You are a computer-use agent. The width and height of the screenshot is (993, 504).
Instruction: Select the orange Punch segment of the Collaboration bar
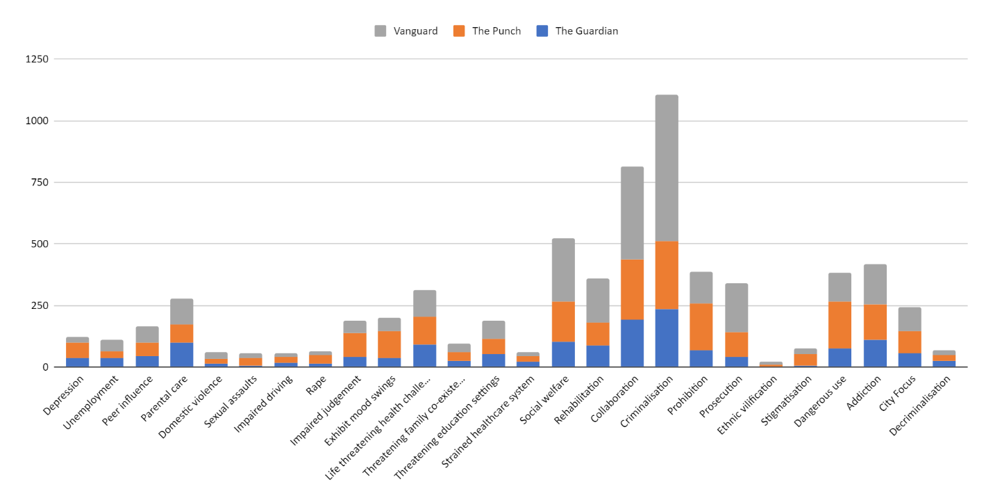click(x=632, y=289)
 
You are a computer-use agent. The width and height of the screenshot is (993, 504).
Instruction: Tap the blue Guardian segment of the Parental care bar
click(x=182, y=355)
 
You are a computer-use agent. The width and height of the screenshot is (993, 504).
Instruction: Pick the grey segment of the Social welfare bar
click(x=563, y=270)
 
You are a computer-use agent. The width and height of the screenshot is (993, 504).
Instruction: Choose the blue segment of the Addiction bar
click(x=874, y=353)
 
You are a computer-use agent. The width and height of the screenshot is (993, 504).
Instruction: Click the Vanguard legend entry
click(x=406, y=31)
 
